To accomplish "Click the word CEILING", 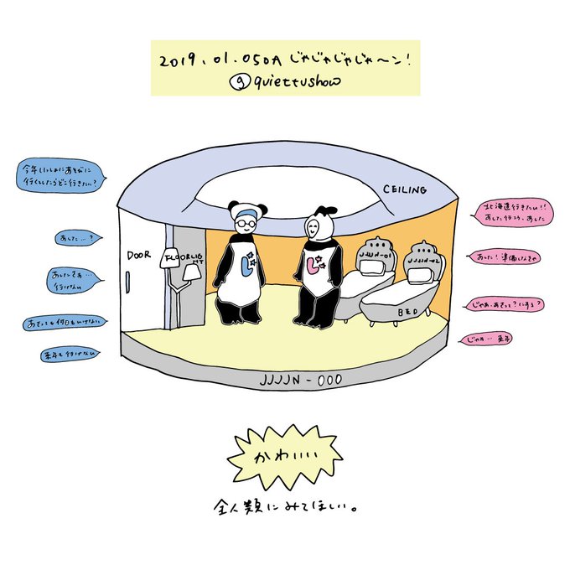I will pos(406,189).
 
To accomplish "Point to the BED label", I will pos(408,312).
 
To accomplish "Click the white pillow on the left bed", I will pos(369,267).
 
